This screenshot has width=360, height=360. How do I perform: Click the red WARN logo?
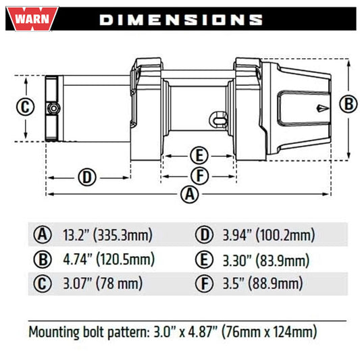(32, 19)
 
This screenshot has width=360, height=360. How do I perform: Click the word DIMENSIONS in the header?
(181, 20)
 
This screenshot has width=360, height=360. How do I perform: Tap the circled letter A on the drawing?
(190, 195)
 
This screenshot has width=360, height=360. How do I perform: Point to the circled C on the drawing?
(25, 107)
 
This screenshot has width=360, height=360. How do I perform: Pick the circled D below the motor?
(87, 178)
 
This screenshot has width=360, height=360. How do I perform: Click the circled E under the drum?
(199, 155)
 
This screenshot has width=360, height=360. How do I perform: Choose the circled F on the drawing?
(200, 176)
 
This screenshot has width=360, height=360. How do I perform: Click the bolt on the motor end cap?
(53, 108)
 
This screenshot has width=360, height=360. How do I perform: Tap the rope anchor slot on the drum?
(218, 120)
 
